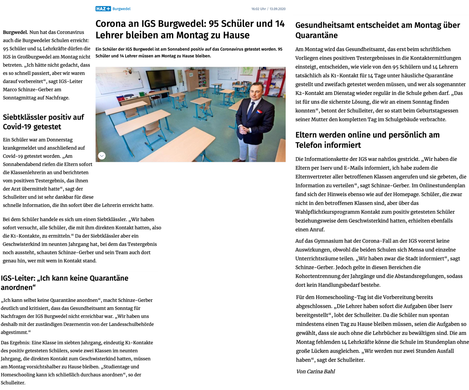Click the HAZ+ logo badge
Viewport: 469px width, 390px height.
(x=103, y=9)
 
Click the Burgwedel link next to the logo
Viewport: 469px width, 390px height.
(x=121, y=9)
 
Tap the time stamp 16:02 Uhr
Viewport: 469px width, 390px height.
(x=258, y=9)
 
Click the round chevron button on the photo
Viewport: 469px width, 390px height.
(x=102, y=156)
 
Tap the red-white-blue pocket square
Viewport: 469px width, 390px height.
(x=259, y=112)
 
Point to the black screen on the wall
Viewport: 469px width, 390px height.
(x=161, y=79)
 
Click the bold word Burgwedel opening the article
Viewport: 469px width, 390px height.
(x=15, y=32)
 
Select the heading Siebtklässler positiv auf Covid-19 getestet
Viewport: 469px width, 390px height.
(x=43, y=122)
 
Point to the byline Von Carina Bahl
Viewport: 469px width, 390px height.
(x=315, y=371)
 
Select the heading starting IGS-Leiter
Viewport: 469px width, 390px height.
(x=65, y=283)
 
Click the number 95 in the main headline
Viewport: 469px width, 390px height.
(x=214, y=24)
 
